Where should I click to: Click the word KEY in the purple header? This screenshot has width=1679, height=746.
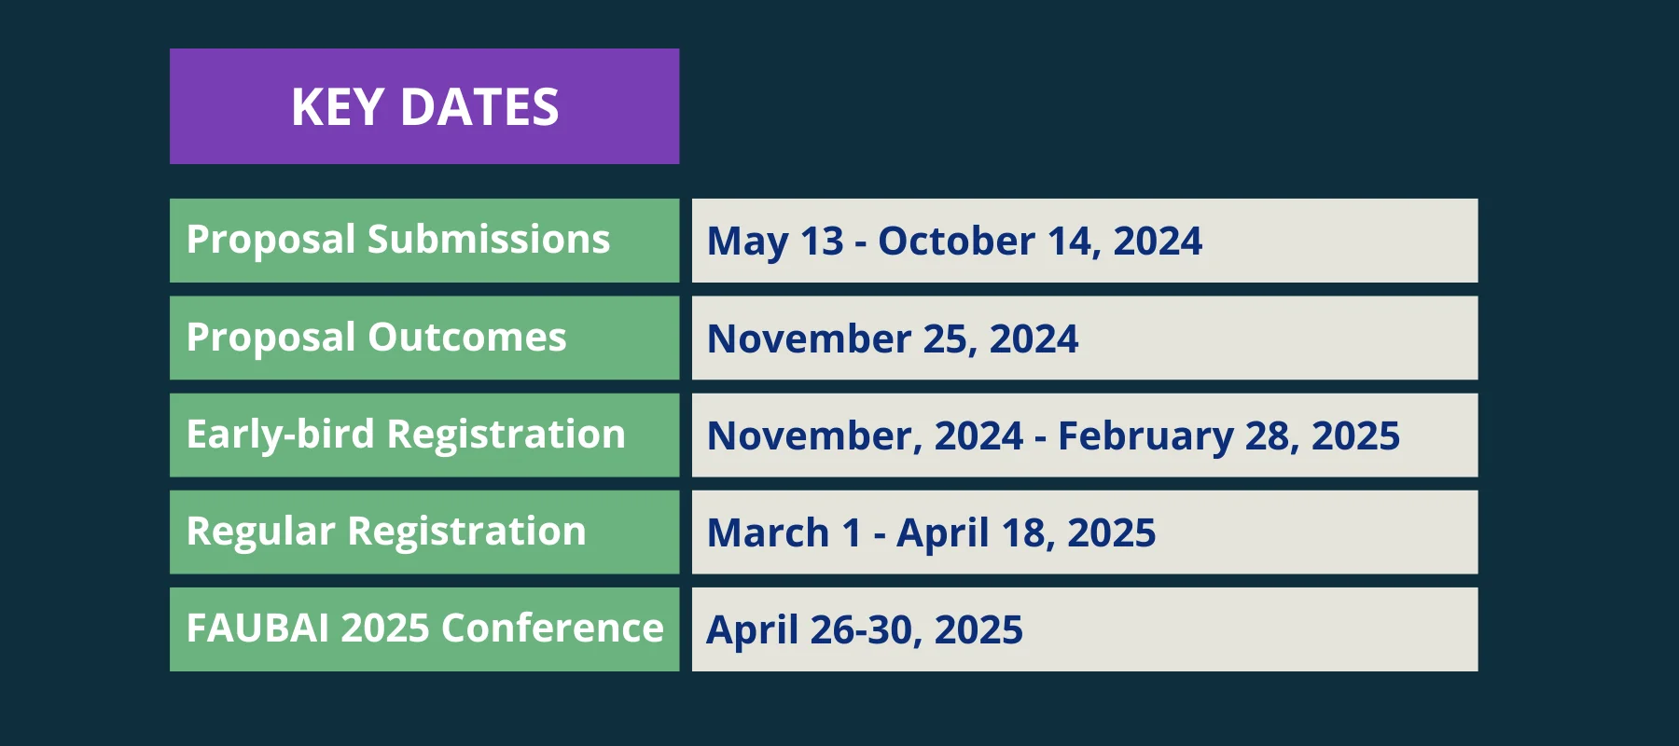point(337,106)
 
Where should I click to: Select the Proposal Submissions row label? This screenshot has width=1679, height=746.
point(398,241)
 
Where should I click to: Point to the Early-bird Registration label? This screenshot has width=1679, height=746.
point(406,435)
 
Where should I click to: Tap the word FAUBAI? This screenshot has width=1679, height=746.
point(258,628)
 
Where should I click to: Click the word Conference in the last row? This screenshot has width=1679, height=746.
point(552,628)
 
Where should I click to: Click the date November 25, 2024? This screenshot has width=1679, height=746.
point(893,338)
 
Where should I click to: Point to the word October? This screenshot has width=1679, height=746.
point(956,241)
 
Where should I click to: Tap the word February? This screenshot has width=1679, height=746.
point(1145,436)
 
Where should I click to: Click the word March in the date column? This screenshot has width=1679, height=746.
point(768,532)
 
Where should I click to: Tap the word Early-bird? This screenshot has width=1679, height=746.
point(280,435)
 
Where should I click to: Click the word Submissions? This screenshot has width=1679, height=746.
point(489,239)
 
